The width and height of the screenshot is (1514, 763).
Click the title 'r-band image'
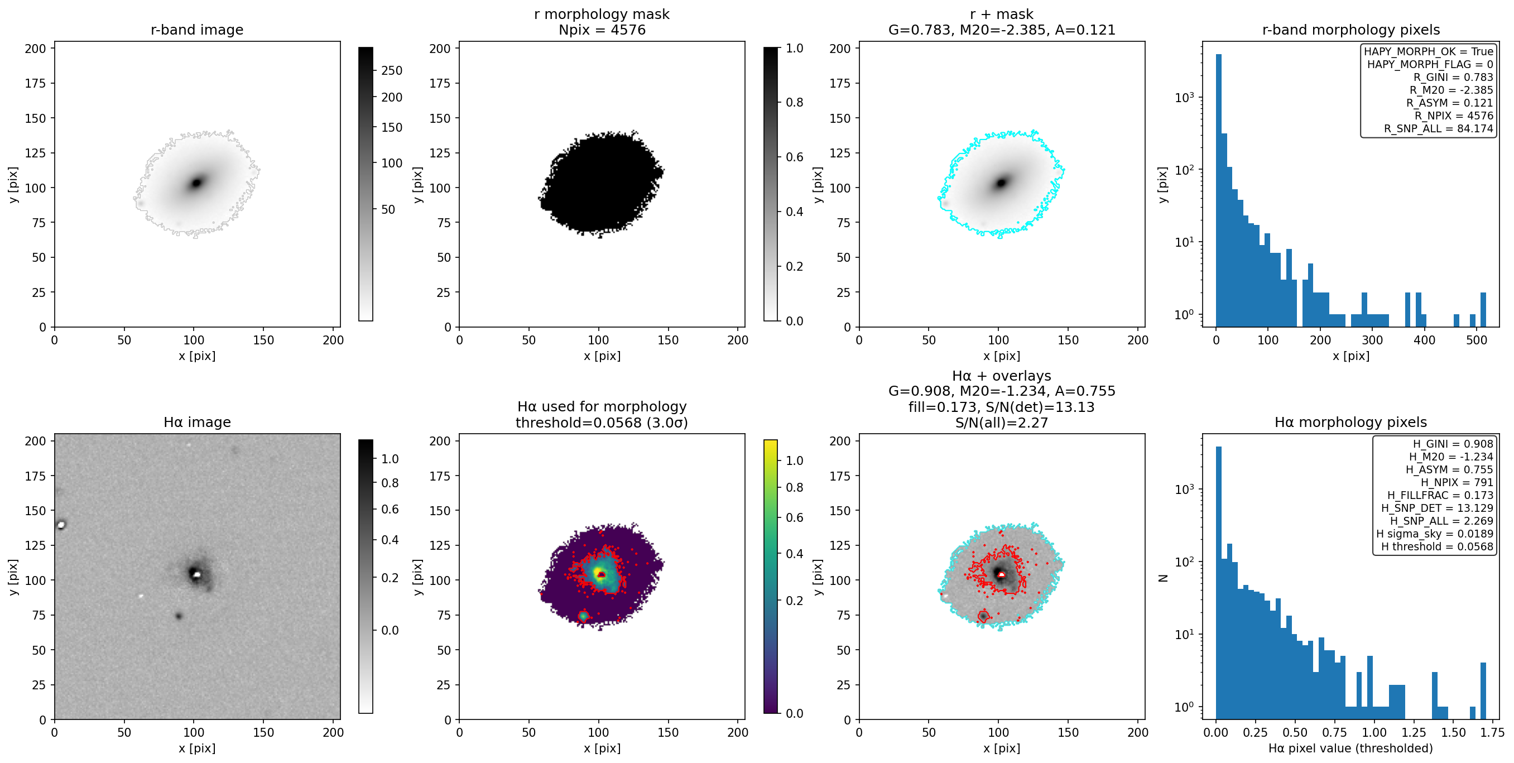click(x=197, y=30)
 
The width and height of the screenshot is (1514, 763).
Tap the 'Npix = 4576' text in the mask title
click(x=602, y=30)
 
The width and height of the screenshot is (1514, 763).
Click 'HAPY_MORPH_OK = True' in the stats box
click(x=1428, y=51)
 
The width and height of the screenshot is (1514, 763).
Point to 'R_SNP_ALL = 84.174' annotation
click(x=1438, y=129)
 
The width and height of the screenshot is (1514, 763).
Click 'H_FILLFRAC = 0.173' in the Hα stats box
click(x=1440, y=496)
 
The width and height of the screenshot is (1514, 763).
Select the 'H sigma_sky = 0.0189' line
click(x=1435, y=534)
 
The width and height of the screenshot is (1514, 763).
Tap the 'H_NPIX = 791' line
click(x=1457, y=483)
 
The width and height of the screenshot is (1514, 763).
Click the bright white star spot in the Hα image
click(x=61, y=524)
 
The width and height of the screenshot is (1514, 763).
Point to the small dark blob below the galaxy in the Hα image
click(x=179, y=616)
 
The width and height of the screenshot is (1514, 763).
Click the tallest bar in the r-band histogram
click(x=1218, y=190)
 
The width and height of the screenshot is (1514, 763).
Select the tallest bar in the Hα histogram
click(x=1218, y=583)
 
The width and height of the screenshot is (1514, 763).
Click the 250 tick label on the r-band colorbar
click(x=392, y=70)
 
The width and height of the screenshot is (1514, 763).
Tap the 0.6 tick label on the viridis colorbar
click(x=795, y=517)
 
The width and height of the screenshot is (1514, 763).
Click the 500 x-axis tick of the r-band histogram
click(x=1477, y=340)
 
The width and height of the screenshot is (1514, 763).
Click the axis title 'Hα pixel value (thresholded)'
click(x=1350, y=748)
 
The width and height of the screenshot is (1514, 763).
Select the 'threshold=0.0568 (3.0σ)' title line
click(x=602, y=423)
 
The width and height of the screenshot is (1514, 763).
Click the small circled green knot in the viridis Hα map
click(x=583, y=616)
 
